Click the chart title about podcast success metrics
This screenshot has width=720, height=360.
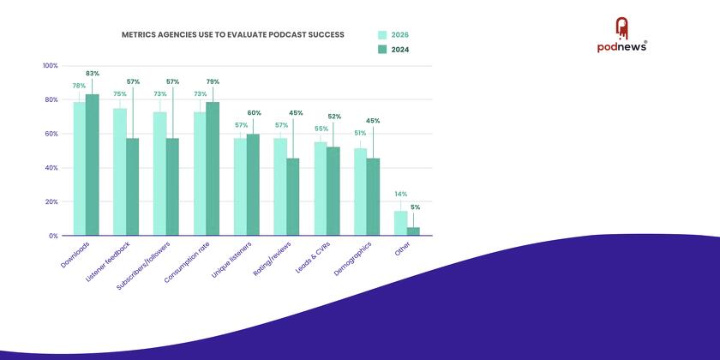tap(233, 35)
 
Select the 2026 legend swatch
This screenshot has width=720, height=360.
tap(383, 35)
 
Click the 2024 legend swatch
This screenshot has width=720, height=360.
tap(383, 50)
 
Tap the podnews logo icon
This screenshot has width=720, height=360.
tap(621, 29)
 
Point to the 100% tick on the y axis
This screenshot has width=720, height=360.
tap(50, 66)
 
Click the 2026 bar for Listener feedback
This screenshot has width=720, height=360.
tap(119, 171)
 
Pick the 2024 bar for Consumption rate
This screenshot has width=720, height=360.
tap(213, 168)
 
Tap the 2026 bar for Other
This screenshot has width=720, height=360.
tap(400, 223)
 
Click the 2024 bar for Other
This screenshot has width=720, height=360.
tap(413, 231)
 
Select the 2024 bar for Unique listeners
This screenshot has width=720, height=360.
tap(253, 184)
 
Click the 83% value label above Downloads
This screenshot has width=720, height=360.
tap(93, 74)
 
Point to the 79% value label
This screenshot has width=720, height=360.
tap(213, 81)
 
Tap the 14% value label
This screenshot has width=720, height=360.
tap(399, 195)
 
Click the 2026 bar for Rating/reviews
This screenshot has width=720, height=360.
tap(279, 186)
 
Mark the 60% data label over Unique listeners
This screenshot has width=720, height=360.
tap(254, 113)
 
